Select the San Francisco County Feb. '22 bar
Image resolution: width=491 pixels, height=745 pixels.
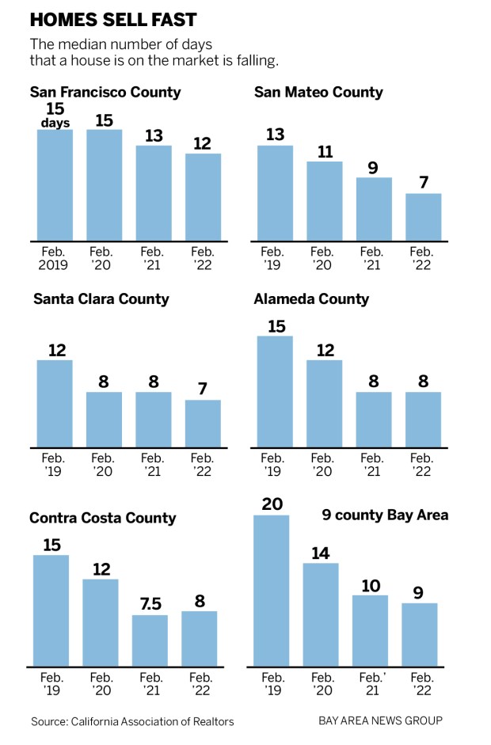coord(203,196)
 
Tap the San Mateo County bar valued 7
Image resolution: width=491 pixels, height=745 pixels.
coord(424,216)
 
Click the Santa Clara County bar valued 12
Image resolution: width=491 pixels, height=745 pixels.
coord(55,404)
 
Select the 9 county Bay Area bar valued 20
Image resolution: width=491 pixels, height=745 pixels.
coord(271,590)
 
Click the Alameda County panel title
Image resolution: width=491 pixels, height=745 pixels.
coord(311,298)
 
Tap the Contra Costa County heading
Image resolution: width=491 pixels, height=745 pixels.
coord(102,519)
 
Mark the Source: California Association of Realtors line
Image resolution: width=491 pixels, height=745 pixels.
coord(132,721)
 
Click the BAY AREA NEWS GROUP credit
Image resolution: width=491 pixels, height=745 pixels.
coord(380,720)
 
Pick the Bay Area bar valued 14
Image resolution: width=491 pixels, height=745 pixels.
coord(321,614)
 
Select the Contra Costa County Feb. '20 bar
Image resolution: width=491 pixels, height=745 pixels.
coord(101,621)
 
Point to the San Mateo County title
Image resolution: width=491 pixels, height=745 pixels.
coord(318,92)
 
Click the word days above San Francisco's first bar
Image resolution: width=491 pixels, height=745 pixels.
coord(55,123)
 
